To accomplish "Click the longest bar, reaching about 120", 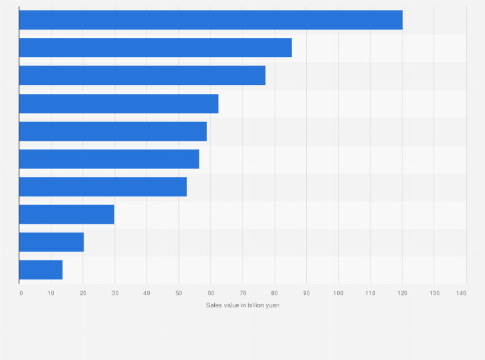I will pos(210,20).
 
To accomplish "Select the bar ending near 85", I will pos(155,48).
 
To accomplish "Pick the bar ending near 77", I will pos(142,75).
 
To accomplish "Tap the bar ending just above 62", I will pos(118,104).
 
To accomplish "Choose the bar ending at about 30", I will pos(66,214).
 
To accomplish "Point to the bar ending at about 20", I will pos(51,242).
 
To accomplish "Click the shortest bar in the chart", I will pos(41,269).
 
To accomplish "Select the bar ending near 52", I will pos(103,186).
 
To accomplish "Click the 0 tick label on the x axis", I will pos(21,293).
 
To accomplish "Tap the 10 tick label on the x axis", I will pos(51,293).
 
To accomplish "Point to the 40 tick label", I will pos(147,293).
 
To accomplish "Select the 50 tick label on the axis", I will pos(179,293).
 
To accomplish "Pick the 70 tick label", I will pos(243,293).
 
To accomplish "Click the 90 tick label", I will pos(306,293).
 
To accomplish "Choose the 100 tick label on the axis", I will pos(338,293).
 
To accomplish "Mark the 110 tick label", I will pos(370,293).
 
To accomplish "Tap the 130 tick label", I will pos(434,293).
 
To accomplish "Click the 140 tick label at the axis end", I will pos(461,293).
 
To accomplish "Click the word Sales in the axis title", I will pos(213,305).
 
